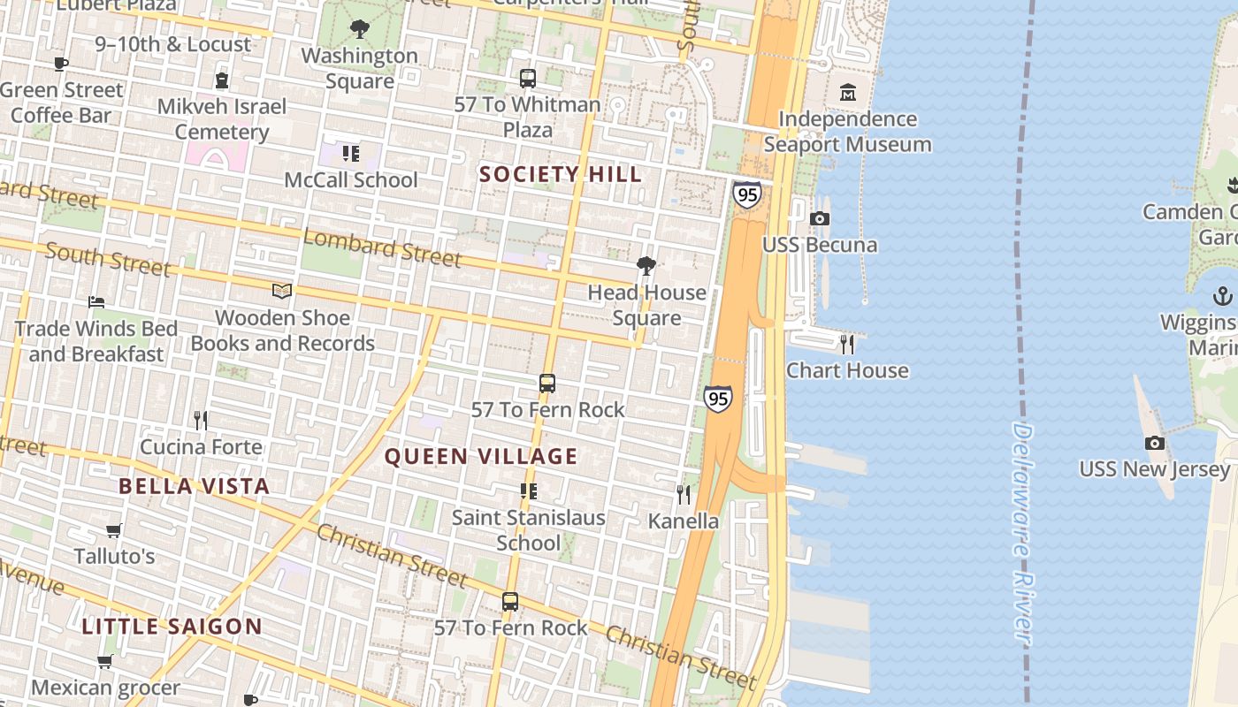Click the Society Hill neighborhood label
561,174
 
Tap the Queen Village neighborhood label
481,457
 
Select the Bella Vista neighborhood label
194,486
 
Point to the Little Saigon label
172,627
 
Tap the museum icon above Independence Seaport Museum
847,92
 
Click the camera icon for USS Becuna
820,218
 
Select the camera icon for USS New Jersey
1154,443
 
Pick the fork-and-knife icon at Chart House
847,344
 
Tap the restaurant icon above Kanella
684,494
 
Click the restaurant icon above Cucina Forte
201,420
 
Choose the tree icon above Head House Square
646,265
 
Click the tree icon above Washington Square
359,29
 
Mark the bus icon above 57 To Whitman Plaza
528,78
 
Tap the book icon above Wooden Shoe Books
282,291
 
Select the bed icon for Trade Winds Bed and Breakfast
96,302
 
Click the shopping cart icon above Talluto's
113,530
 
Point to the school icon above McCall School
351,154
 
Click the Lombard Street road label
382,247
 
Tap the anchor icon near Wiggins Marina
1223,295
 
